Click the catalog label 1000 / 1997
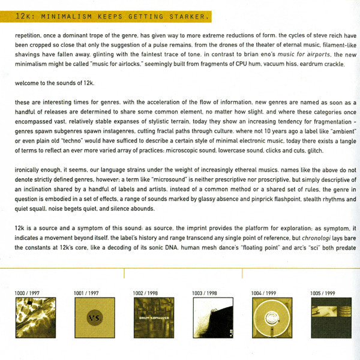tap(29, 292)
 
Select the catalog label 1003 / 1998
tap(206, 292)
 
